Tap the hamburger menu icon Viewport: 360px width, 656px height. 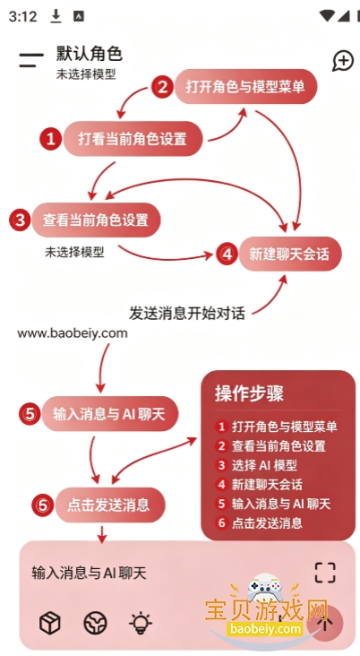point(31,60)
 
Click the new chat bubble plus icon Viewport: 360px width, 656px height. point(343,61)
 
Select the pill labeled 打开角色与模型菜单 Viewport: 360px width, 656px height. point(246,87)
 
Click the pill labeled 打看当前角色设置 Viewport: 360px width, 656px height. point(133,139)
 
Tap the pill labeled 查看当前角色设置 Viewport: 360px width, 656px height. point(96,220)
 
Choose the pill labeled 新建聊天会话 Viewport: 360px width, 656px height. point(290,254)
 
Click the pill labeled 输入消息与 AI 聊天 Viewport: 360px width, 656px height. point(109,414)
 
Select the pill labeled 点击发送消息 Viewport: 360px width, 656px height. point(110,505)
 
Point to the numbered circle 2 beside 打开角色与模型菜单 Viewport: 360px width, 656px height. point(162,87)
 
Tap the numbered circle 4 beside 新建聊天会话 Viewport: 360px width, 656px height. point(227,254)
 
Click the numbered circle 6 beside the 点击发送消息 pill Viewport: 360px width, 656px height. point(43,505)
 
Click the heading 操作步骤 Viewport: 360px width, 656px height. point(249,393)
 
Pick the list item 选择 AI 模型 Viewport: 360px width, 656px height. point(264,465)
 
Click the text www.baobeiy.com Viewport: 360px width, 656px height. point(73,333)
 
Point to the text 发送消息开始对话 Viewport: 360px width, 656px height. point(187,313)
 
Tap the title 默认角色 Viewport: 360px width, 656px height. point(89,54)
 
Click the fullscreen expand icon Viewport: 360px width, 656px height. point(325,573)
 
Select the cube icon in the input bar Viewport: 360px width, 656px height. point(50,623)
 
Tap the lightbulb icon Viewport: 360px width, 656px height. point(141,623)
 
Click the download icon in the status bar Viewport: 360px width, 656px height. point(56,16)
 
